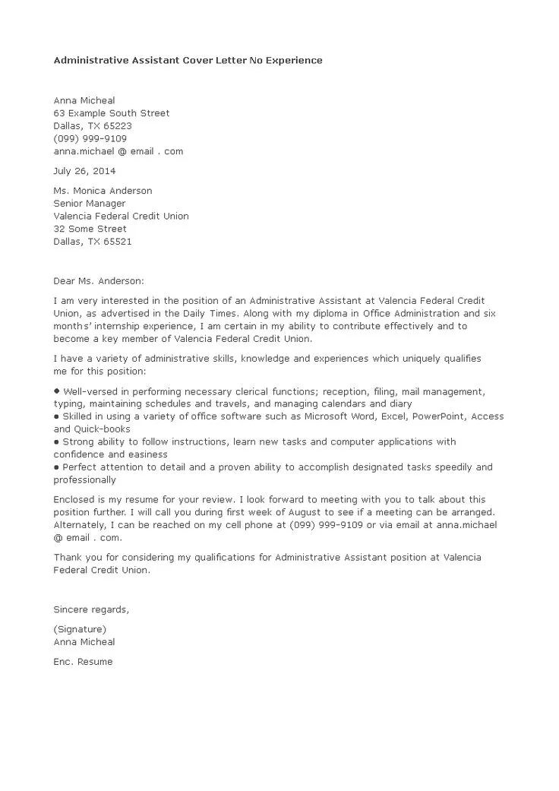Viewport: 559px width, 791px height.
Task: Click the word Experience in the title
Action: [292, 60]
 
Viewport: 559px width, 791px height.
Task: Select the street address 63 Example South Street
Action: [112, 113]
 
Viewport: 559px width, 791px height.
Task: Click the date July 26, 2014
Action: [84, 171]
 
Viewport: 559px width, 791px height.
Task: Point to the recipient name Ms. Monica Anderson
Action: [103, 191]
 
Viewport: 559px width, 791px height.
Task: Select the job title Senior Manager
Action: [90, 204]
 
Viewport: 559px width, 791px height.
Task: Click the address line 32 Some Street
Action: [90, 229]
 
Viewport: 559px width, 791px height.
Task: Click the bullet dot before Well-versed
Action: [57, 391]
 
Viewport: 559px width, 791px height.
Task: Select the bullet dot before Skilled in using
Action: [57, 417]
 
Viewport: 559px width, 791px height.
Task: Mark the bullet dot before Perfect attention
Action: [57, 467]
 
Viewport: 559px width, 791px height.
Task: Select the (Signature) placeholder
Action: [80, 629]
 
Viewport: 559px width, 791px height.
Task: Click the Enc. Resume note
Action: [83, 662]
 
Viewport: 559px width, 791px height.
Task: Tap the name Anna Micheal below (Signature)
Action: [84, 642]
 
